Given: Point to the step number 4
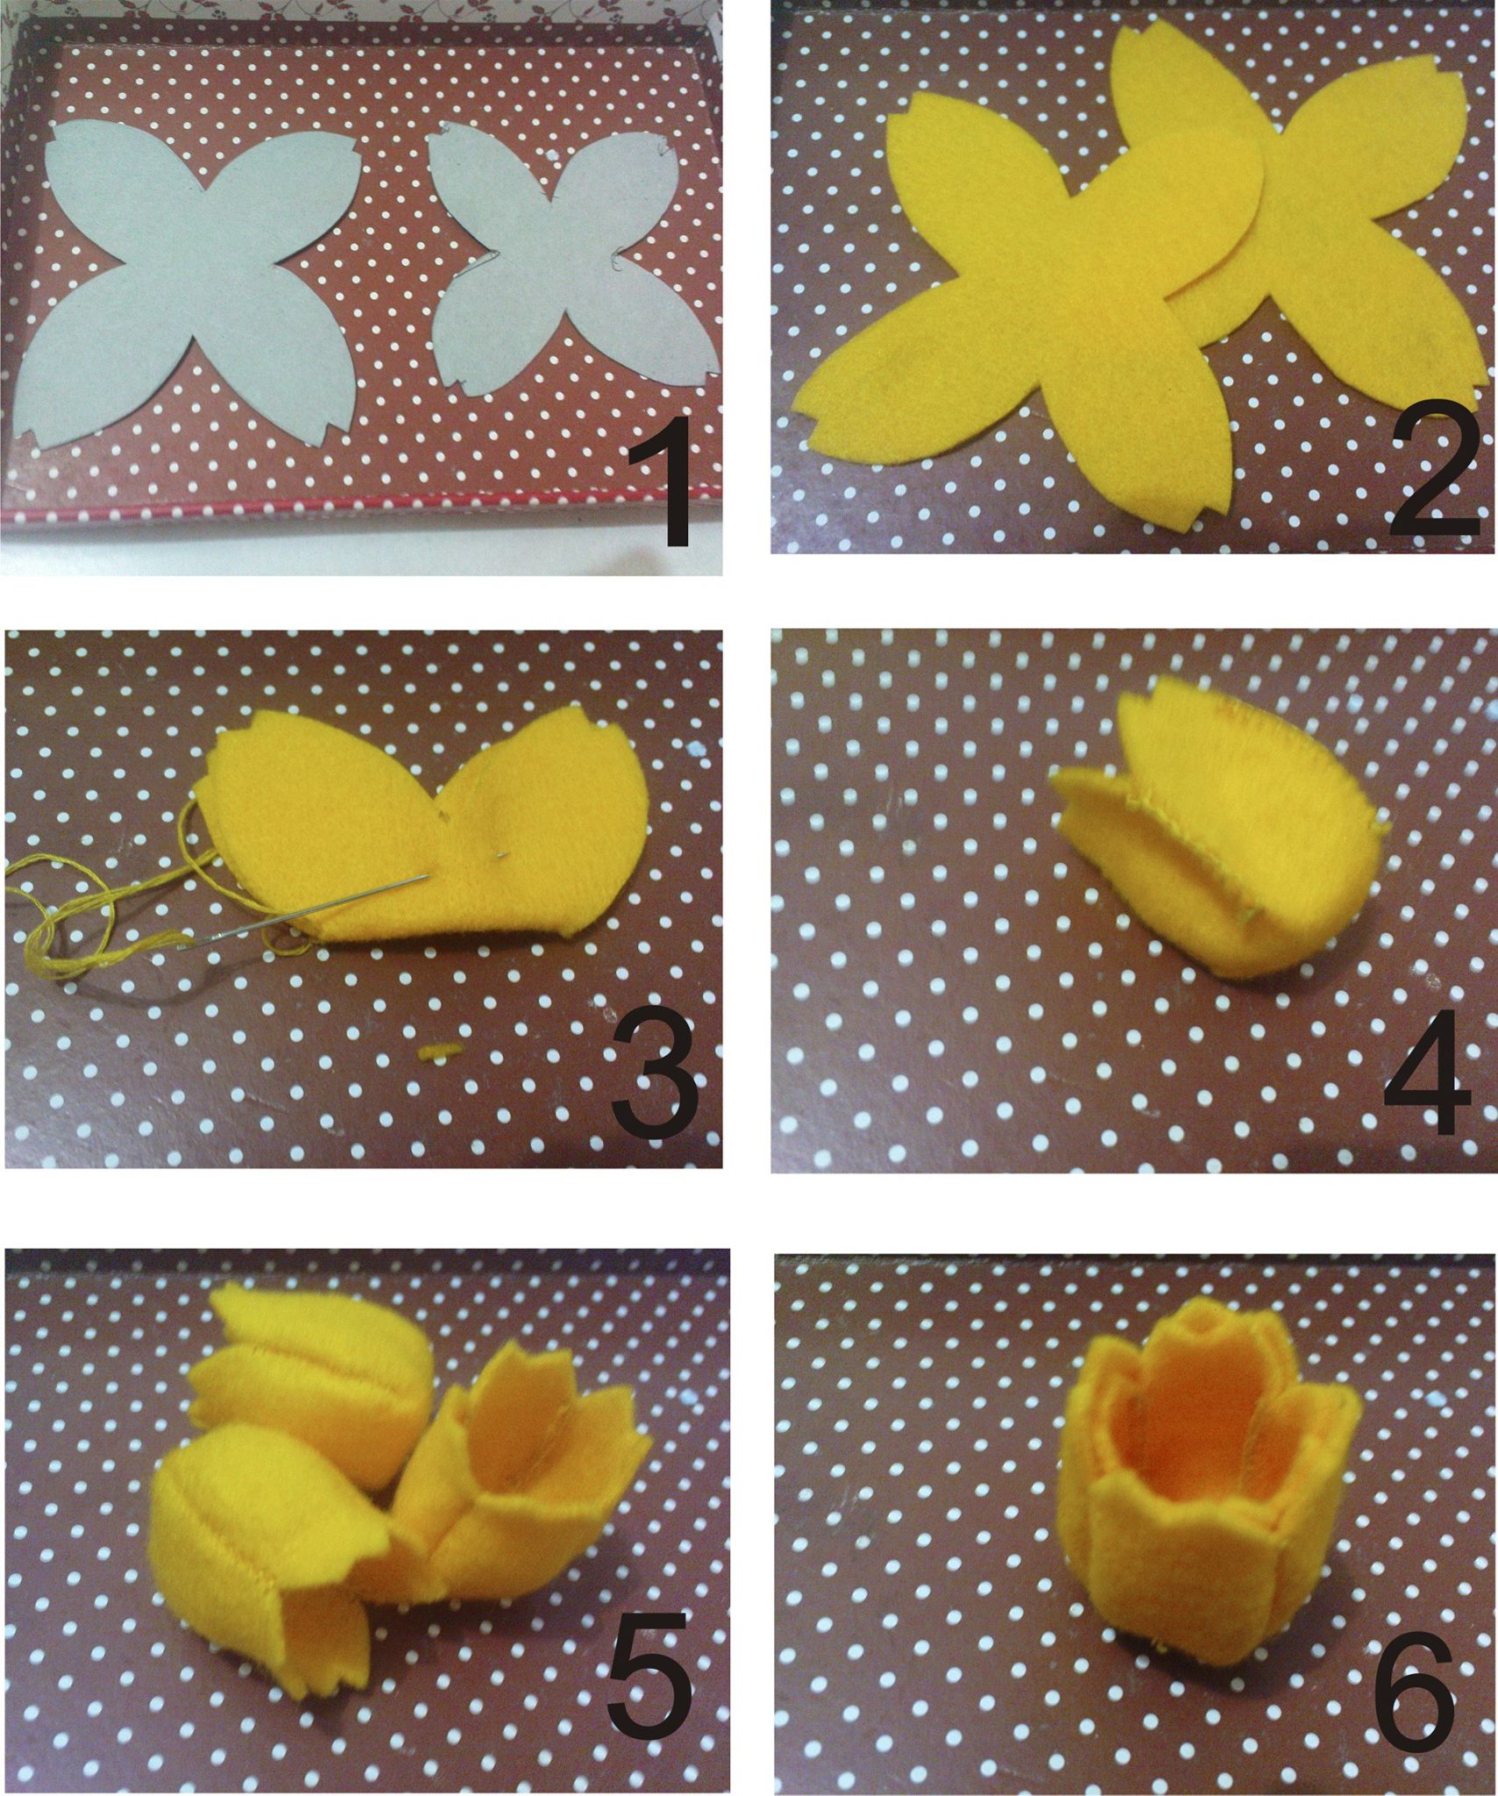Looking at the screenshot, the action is point(1425,1071).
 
